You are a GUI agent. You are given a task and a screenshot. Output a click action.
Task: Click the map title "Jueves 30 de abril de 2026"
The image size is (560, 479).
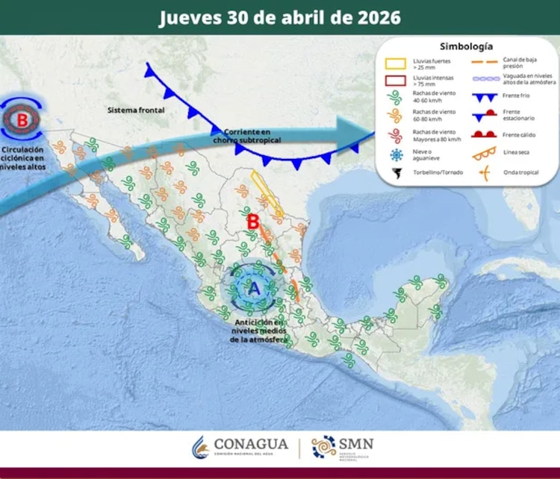point(279,18)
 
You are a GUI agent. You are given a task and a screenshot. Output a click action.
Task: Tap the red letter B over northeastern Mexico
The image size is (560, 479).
point(253,222)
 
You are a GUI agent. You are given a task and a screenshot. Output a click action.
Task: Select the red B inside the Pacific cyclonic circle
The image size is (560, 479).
point(22,119)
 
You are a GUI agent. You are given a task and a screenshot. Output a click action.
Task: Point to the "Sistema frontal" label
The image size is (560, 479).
point(135,110)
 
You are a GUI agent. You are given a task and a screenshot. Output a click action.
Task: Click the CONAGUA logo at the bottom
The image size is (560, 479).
point(238,448)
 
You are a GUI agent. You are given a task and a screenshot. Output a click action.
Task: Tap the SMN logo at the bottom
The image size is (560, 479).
point(343,448)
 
